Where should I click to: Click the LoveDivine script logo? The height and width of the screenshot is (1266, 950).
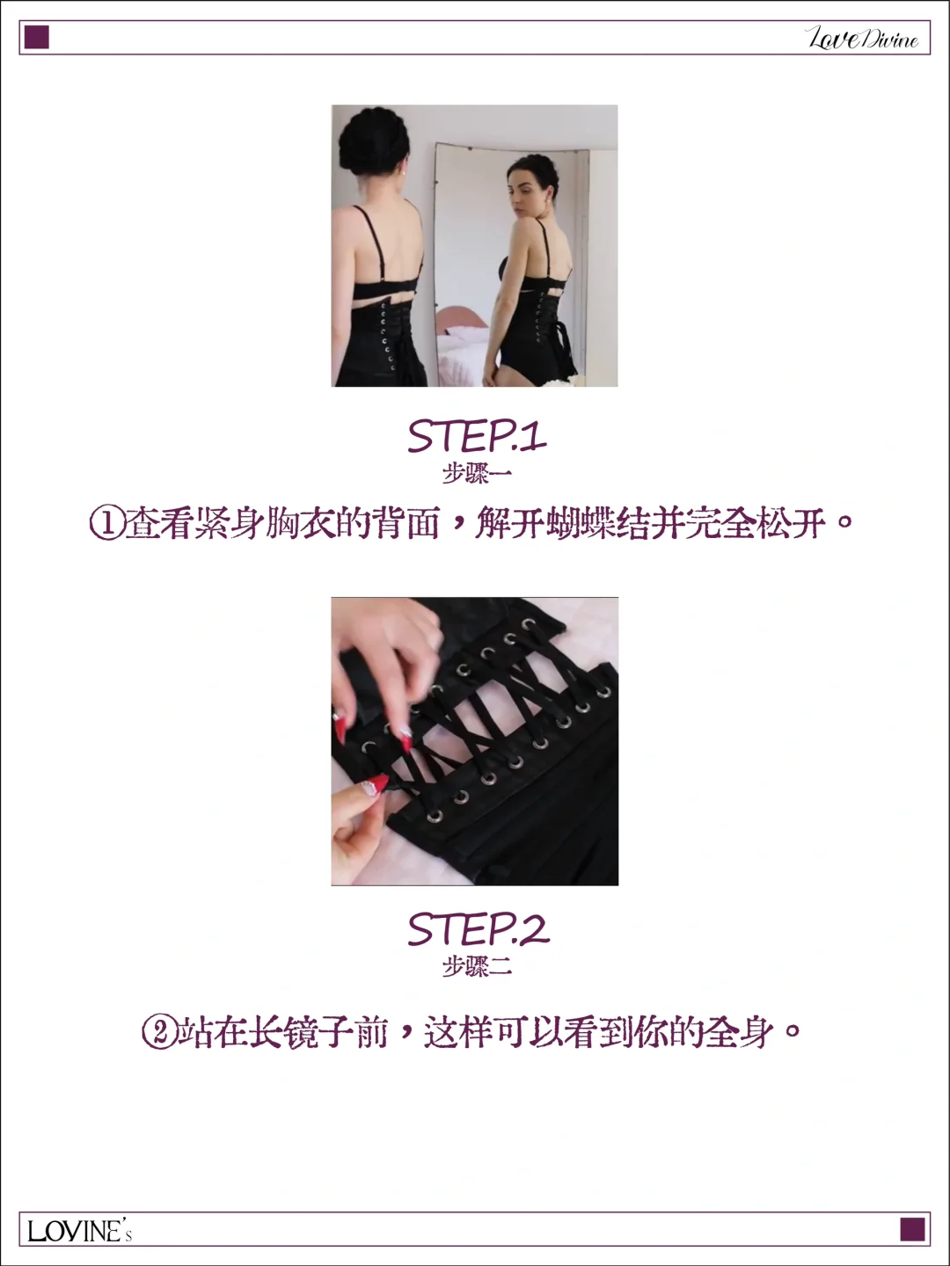coord(862,38)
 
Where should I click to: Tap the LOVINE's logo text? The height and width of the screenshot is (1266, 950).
coord(79,1230)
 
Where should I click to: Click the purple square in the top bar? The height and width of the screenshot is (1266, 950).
coord(36,38)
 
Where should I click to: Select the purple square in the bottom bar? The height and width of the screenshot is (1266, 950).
coord(912,1229)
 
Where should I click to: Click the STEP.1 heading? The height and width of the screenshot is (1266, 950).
coord(476,436)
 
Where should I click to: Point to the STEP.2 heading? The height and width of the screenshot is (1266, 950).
coord(478,929)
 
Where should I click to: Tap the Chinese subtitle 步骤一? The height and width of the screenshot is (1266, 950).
coord(476,474)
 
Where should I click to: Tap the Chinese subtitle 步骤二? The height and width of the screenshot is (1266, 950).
coord(476,967)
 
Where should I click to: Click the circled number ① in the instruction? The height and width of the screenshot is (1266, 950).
coord(106,524)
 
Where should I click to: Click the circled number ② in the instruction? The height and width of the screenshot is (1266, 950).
coord(159,1031)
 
